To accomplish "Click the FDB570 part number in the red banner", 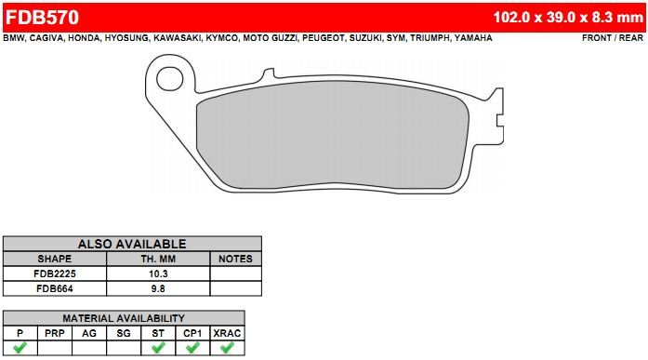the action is point(42,18).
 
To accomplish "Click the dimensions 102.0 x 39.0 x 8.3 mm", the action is point(568,18).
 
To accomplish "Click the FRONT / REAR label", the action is point(613,38).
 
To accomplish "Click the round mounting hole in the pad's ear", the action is point(169,79).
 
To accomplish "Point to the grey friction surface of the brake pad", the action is point(333,134).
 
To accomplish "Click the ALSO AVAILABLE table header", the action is point(132,244).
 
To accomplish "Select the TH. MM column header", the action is point(158,259).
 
